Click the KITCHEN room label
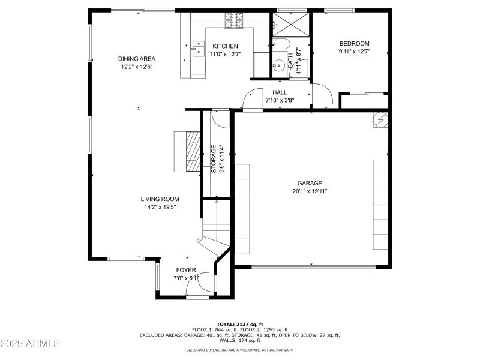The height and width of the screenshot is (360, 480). (225, 46)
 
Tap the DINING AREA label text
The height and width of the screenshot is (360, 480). (137, 59)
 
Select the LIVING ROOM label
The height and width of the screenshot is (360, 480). (160, 199)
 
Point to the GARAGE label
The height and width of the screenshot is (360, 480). (310, 184)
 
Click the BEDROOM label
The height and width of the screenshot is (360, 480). (354, 43)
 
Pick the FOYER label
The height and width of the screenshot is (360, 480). (185, 270)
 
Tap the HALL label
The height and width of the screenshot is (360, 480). (280, 92)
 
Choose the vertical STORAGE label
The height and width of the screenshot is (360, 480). (213, 160)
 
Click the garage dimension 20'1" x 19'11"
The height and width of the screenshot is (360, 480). (310, 191)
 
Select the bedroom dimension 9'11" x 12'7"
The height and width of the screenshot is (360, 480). (354, 52)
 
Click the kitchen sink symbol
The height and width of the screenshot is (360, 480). (197, 49)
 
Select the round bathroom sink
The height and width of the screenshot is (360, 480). (279, 66)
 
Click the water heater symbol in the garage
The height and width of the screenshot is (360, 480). (380, 119)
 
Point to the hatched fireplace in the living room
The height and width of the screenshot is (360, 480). (192, 151)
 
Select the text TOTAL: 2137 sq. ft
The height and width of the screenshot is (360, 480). (240, 324)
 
